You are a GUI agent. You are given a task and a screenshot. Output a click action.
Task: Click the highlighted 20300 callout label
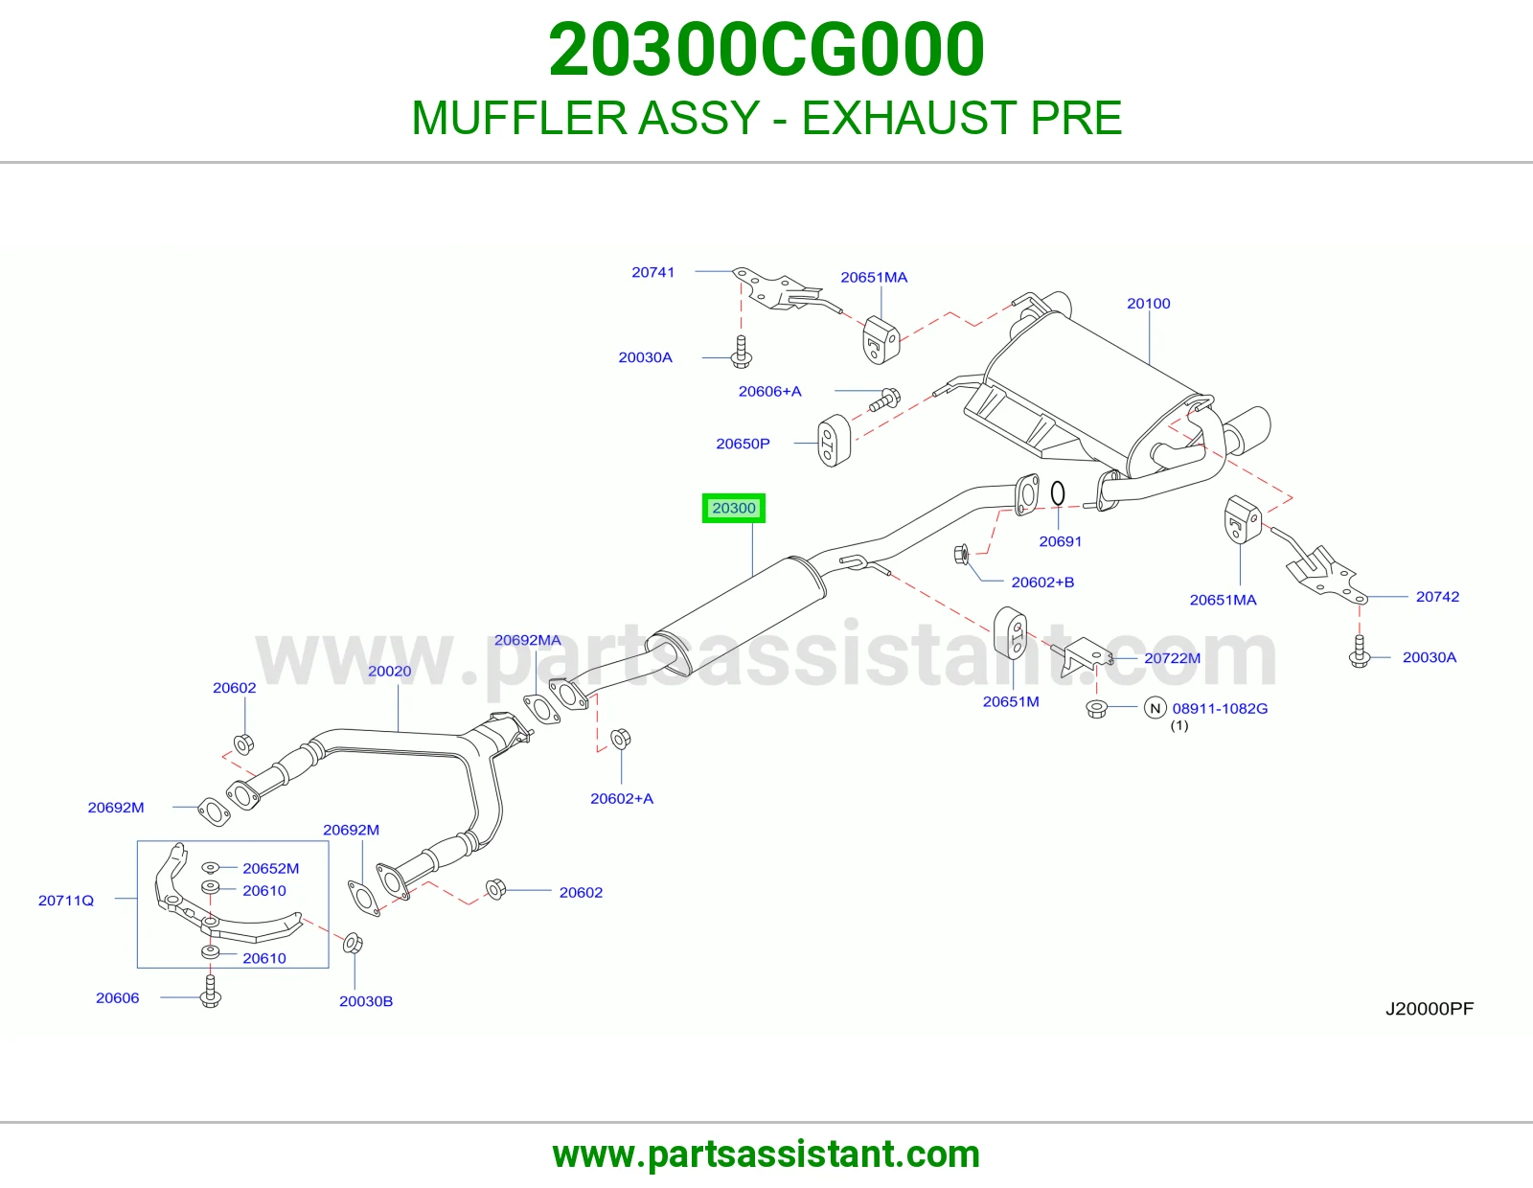pyautogui.click(x=734, y=508)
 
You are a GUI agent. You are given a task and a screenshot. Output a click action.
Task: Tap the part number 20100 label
pyautogui.click(x=1149, y=304)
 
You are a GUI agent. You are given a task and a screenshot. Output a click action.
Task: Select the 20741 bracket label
pyautogui.click(x=653, y=272)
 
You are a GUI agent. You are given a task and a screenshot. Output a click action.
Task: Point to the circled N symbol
pyautogui.click(x=1155, y=708)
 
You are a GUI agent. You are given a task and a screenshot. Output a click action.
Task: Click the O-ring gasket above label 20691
pyautogui.click(x=1058, y=493)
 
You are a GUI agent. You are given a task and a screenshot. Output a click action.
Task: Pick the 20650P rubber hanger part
pyautogui.click(x=834, y=441)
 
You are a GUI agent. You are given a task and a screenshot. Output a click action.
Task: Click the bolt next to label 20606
pyautogui.click(x=210, y=992)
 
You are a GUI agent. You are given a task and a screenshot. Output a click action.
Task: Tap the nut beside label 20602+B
pyautogui.click(x=961, y=555)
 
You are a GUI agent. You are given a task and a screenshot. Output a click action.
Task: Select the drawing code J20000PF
pyautogui.click(x=1430, y=1009)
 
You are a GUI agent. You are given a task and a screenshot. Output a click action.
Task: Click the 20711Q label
pyautogui.click(x=65, y=901)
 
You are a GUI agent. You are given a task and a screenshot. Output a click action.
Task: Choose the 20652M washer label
pyautogui.click(x=271, y=868)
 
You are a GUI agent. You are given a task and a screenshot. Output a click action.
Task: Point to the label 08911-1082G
pyautogui.click(x=1220, y=708)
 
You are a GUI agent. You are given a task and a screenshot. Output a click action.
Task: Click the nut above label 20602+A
pyautogui.click(x=620, y=739)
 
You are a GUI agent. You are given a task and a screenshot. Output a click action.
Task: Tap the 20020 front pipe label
pyautogui.click(x=389, y=671)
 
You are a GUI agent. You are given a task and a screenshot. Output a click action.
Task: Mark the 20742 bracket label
pyautogui.click(x=1438, y=597)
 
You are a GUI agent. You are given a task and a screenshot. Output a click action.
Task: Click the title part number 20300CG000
pyautogui.click(x=766, y=50)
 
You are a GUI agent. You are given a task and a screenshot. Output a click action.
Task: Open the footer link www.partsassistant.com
pyautogui.click(x=766, y=1154)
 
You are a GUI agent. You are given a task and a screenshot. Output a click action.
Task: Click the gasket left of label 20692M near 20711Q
pyautogui.click(x=214, y=811)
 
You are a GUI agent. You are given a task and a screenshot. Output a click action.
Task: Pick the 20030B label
pyautogui.click(x=366, y=1001)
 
